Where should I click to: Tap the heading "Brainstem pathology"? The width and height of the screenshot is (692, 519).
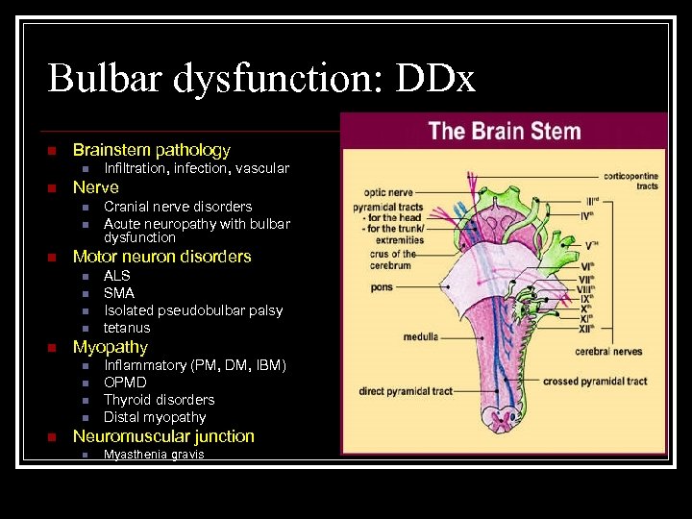click(151, 150)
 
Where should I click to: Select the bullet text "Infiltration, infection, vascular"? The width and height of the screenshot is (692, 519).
click(196, 169)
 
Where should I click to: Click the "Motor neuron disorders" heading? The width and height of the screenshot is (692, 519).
click(161, 257)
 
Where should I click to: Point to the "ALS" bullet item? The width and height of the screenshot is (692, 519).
click(117, 276)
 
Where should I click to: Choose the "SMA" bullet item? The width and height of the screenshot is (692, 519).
click(119, 293)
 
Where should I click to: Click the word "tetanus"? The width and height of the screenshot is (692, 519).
click(127, 328)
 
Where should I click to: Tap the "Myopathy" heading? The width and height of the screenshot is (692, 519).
click(111, 347)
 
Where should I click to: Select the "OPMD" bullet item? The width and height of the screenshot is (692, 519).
click(125, 383)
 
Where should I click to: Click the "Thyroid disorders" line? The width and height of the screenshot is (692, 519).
click(159, 400)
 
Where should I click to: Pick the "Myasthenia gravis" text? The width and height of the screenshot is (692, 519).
click(154, 454)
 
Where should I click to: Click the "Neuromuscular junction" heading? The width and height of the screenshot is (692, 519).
click(163, 436)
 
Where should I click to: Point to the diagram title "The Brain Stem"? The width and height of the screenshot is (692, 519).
click(505, 131)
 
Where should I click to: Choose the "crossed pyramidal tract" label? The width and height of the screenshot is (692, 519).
click(595, 382)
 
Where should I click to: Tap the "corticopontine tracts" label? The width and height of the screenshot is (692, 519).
click(632, 182)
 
